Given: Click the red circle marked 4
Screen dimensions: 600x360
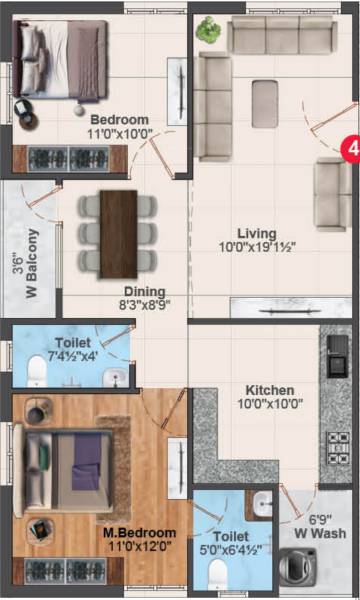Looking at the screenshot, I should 350,147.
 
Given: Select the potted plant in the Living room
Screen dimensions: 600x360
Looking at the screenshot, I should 209,30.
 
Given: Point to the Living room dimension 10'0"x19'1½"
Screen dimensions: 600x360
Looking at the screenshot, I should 257,246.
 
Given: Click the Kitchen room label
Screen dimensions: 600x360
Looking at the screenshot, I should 270,390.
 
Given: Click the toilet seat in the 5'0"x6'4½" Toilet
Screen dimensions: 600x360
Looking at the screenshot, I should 217,572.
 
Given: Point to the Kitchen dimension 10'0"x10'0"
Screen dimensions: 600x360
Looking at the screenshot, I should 270,404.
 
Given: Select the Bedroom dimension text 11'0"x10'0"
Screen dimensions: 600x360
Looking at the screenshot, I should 119,133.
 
